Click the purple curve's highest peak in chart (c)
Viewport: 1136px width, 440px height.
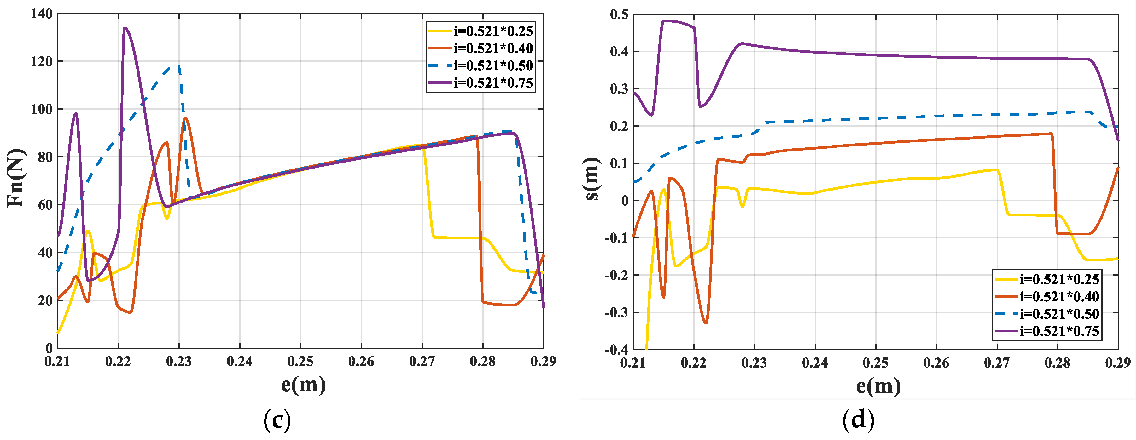(125, 28)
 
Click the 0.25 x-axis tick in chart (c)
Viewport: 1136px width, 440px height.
(300, 362)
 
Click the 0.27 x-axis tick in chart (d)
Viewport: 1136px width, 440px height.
(997, 363)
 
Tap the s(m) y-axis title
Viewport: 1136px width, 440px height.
(592, 178)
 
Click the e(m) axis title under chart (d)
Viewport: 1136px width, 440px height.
(878, 386)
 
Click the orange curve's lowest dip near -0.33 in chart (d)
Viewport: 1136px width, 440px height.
(706, 323)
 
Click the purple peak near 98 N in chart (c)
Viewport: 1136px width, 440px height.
(76, 114)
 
